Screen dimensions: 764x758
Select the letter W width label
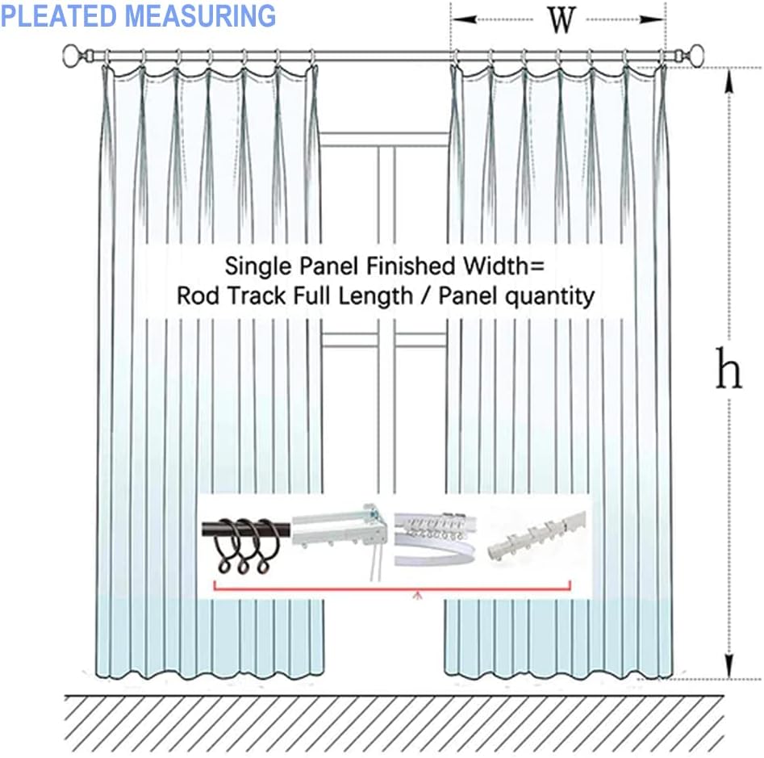point(562,20)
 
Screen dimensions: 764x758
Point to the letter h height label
point(728,368)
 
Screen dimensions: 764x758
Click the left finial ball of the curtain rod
point(72,55)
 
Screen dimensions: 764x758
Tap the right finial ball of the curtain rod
point(697,54)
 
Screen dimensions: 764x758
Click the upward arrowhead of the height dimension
point(729,82)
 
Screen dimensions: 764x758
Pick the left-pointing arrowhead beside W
point(465,19)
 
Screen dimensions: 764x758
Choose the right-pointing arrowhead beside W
point(651,19)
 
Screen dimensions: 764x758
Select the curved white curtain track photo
point(435,539)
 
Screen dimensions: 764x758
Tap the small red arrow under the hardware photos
point(418,595)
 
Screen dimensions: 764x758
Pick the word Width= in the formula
point(503,266)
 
